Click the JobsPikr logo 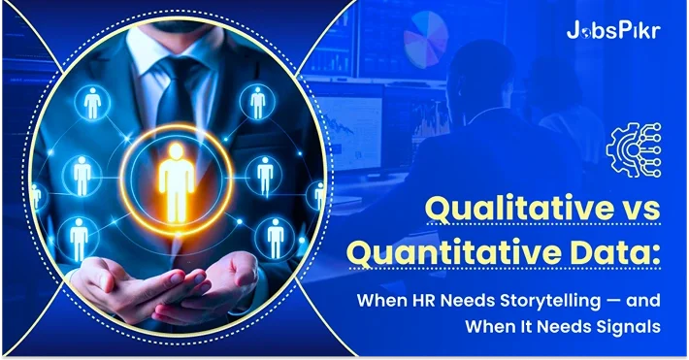[x=612, y=29]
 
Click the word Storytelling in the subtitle [x=540, y=301]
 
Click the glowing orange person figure [x=176, y=173]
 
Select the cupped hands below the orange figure [x=175, y=291]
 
